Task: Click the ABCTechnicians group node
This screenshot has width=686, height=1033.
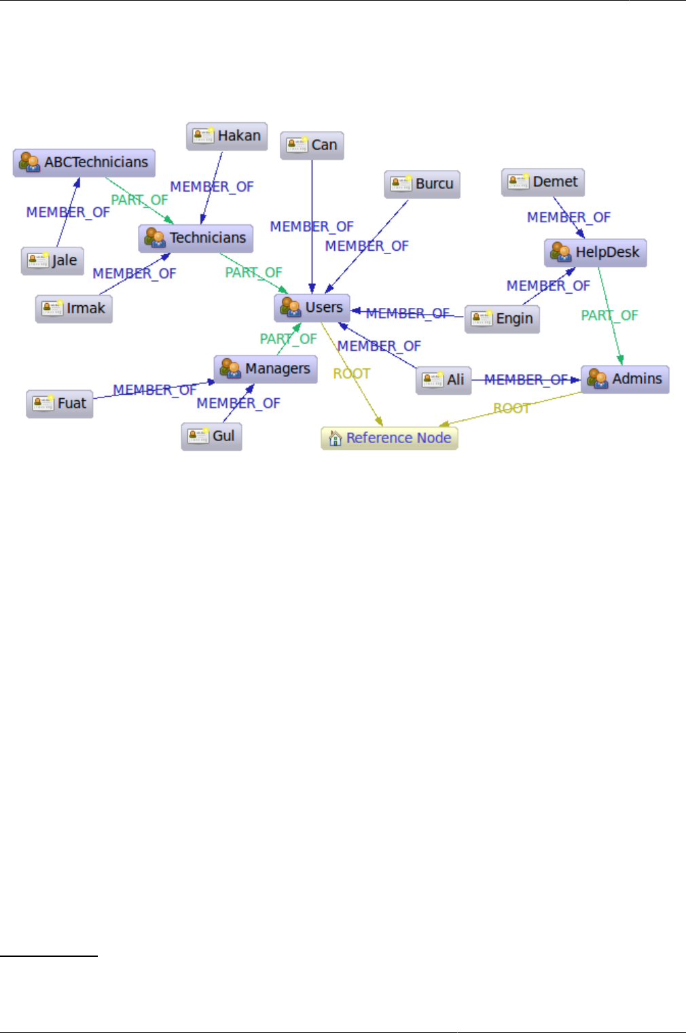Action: (x=84, y=162)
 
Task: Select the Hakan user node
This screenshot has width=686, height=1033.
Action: (x=227, y=136)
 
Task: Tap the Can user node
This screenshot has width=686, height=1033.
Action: (x=312, y=145)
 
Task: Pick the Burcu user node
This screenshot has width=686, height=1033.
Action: (x=422, y=184)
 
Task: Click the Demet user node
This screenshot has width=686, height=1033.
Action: (x=543, y=182)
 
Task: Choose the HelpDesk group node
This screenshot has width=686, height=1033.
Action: (x=595, y=253)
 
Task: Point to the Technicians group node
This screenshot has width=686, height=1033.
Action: (x=196, y=239)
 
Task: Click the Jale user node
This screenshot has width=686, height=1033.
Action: (x=52, y=260)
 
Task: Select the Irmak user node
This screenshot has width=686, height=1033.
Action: (x=73, y=309)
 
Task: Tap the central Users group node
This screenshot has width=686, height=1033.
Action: (x=312, y=308)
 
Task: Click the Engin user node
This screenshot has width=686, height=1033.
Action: (x=502, y=319)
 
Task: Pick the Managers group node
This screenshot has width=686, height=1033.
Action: (x=266, y=369)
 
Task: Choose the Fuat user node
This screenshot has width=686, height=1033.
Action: (x=60, y=404)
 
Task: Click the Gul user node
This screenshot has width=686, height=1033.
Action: (x=211, y=436)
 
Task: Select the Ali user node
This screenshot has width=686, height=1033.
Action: (x=444, y=380)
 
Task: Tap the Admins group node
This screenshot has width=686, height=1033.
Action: (x=625, y=379)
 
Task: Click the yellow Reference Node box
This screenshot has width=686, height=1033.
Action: (x=389, y=438)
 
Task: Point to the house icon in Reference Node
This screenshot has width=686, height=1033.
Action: (x=335, y=438)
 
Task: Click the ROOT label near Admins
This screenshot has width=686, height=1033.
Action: (x=511, y=408)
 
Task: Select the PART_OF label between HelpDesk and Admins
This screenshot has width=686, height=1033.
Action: (x=609, y=315)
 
